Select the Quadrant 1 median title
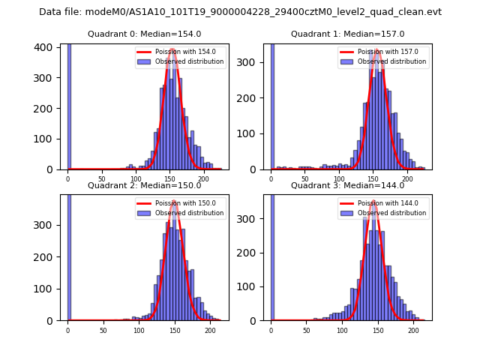(347, 34)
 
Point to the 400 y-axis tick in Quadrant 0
(46, 47)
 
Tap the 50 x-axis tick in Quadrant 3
(307, 330)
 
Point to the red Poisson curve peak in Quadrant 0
(172, 50)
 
